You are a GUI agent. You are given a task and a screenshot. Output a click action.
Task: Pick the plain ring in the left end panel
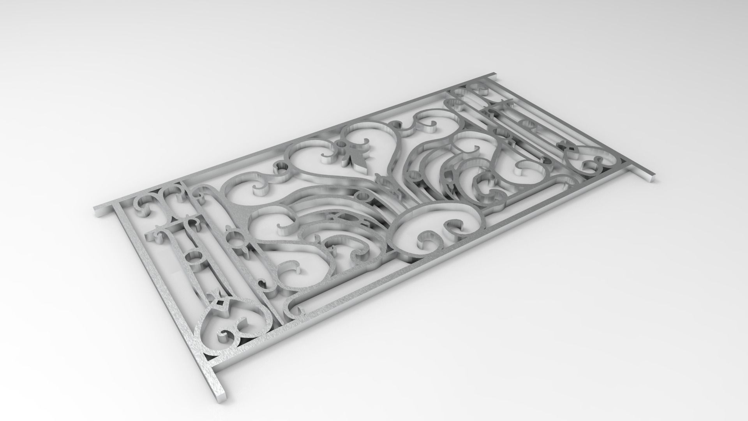coord(194,258)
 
